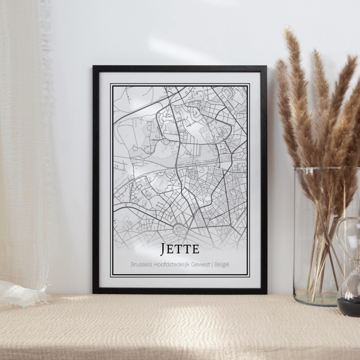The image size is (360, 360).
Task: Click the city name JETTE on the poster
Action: pyautogui.click(x=180, y=249)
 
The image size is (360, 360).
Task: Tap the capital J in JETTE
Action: pyautogui.click(x=164, y=249)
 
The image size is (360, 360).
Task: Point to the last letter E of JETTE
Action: pyautogui.click(x=195, y=249)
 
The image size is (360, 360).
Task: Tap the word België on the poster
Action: pyautogui.click(x=222, y=264)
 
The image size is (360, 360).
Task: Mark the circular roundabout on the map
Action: pyautogui.click(x=180, y=229)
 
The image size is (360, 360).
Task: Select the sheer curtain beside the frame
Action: pyautogui.click(x=24, y=144)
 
